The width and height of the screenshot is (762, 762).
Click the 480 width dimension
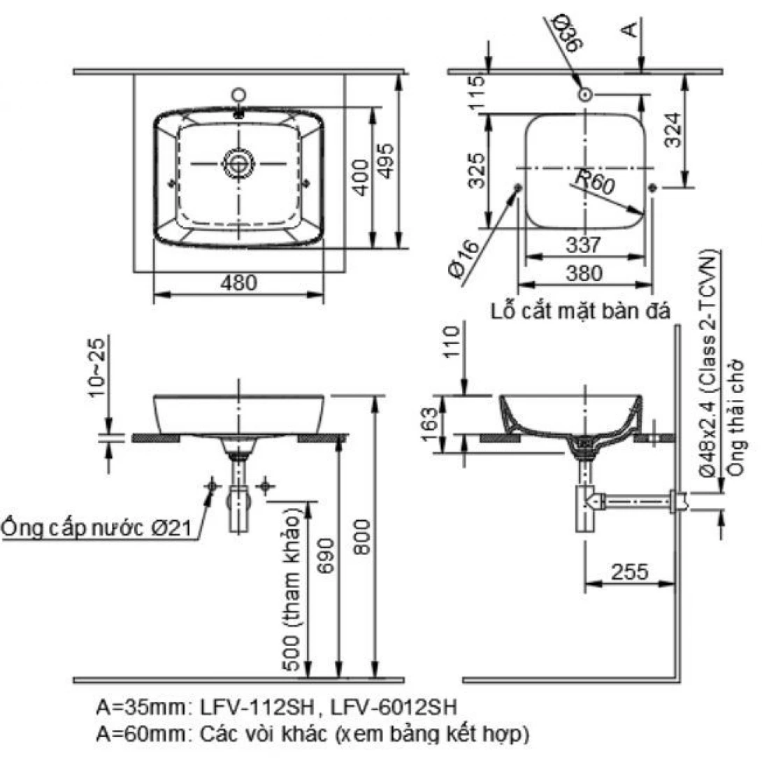coord(238,283)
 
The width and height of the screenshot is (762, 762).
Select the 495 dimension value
coord(387,161)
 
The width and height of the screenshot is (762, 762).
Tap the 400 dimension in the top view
coord(361,178)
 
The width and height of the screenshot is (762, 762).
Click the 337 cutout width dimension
coord(584,245)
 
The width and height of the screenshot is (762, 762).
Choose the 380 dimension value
coord(584,273)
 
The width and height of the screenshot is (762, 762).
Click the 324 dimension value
coord(673,130)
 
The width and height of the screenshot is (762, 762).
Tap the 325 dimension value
coord(477,170)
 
